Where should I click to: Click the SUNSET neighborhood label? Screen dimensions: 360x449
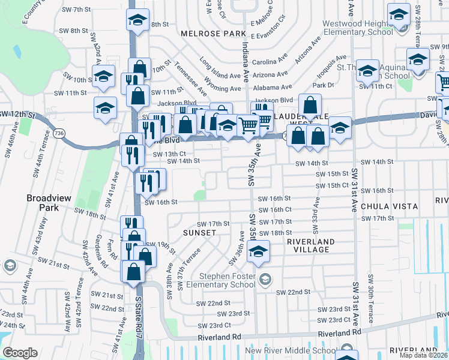point(200,232)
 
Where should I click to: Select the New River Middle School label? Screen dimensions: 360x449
point(291,350)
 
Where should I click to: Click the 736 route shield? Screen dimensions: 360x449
point(59,132)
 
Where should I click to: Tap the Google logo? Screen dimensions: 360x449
point(20,353)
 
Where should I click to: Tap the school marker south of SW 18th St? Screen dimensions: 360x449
point(258,251)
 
